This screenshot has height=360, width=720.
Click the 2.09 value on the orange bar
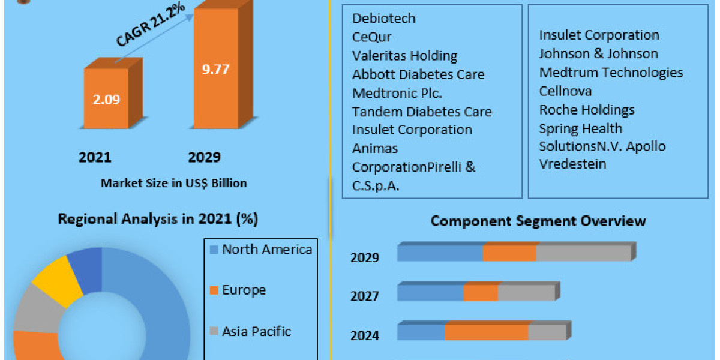click(106, 99)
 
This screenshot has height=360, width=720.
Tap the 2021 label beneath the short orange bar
click(95, 158)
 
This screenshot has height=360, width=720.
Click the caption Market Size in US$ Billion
click(173, 183)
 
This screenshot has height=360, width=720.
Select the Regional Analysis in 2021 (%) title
click(158, 219)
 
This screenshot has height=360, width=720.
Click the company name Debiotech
click(384, 19)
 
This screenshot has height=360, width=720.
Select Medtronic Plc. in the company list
click(397, 93)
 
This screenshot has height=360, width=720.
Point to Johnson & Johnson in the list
click(598, 53)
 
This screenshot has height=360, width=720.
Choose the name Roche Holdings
click(586, 110)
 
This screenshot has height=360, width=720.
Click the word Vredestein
click(572, 164)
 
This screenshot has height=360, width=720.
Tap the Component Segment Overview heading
click(538, 221)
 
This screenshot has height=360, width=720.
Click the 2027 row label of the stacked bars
click(365, 296)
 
